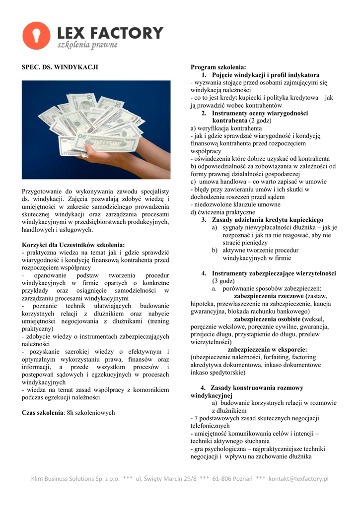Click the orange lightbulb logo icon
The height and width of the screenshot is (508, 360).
coord(36,36)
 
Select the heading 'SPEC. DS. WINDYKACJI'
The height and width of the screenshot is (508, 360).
coord(60,67)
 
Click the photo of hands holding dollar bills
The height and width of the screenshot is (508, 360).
coord(96,129)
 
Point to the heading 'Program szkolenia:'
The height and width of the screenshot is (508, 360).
coord(218,67)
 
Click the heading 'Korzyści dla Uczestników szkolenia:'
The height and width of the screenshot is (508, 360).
coord(73,245)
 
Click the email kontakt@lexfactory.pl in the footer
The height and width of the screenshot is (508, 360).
coord(298,479)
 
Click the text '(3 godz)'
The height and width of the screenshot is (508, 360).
coord(226,281)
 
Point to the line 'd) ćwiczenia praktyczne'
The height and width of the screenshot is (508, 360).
coord(219,212)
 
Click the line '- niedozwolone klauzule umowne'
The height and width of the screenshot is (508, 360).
coord(235,204)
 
